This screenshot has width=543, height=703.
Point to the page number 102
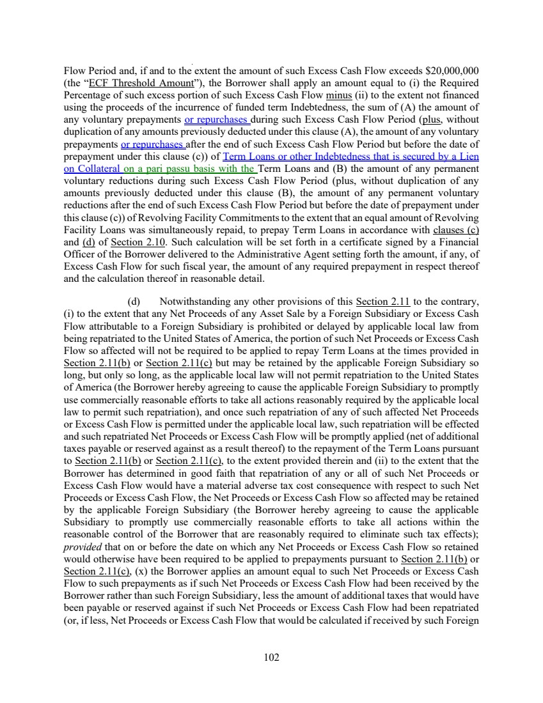pyautogui.click(x=272, y=658)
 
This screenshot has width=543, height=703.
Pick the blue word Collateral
pyautogui.click(x=98, y=169)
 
